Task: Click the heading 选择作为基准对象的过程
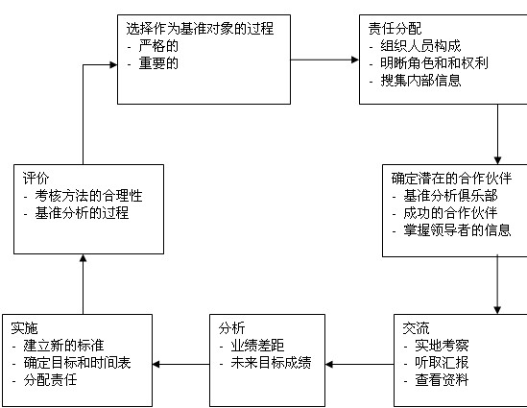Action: tap(200, 28)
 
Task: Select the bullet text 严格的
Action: tap(158, 46)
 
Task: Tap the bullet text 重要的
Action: tap(158, 63)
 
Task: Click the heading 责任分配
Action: tap(395, 28)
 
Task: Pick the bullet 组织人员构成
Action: tap(420, 46)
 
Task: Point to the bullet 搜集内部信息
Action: tap(420, 81)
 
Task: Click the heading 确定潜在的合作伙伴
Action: tap(451, 179)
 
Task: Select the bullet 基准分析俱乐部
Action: tap(450, 196)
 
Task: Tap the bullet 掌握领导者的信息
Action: tap(457, 230)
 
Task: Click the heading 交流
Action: tap(416, 328)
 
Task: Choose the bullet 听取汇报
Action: tap(442, 362)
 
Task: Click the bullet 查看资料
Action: tap(442, 380)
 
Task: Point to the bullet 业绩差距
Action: tap(257, 346)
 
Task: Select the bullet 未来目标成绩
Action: tap(271, 362)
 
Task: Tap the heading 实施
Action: tap(24, 328)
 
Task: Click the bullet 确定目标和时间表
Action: tap(77, 362)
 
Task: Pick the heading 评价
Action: tap(36, 179)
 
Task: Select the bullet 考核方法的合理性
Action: tap(88, 196)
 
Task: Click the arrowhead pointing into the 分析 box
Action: tap(329, 364)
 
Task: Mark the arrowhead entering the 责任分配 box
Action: tap(355, 60)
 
